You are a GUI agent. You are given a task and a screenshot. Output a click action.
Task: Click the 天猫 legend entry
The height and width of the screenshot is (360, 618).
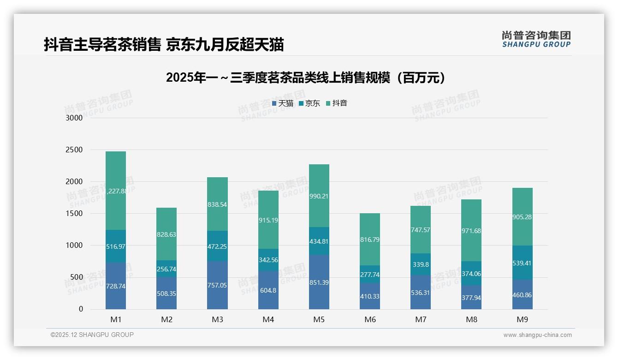tap(283, 103)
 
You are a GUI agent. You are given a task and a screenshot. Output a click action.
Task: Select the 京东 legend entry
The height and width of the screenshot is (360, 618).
tap(309, 103)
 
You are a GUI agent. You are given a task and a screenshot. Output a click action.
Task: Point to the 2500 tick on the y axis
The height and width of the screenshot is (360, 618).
tap(74, 150)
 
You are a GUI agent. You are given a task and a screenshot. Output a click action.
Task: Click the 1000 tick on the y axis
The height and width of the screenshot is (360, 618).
tap(74, 246)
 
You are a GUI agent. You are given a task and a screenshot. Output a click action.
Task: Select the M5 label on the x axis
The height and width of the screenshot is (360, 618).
tap(319, 319)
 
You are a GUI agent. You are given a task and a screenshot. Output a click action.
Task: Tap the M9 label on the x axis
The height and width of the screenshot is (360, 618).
tap(523, 319)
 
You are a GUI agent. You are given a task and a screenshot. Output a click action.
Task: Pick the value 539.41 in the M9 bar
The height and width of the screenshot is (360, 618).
tap(523, 264)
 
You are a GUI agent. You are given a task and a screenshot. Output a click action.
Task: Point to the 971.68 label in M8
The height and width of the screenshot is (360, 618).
tap(471, 231)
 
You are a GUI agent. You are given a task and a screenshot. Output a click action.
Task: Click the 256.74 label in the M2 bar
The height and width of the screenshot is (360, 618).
tap(166, 269)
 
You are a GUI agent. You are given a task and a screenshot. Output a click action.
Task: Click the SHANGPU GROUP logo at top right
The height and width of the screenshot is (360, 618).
tap(536, 39)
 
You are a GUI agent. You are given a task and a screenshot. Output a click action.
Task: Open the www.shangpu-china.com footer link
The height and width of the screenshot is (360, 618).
tap(537, 335)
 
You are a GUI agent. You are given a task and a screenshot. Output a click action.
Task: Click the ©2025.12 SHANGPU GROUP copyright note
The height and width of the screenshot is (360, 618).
tap(92, 335)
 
